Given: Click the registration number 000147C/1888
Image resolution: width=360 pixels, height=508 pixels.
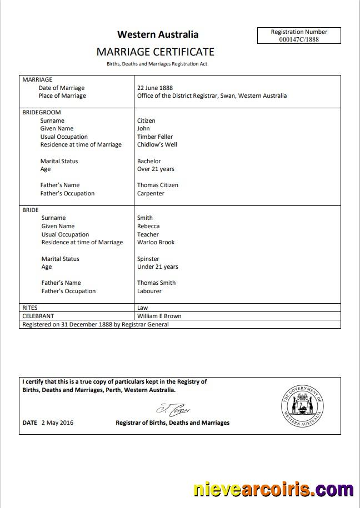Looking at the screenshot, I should pyautogui.click(x=299, y=40).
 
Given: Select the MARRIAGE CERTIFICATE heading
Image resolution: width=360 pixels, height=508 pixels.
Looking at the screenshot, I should pyautogui.click(x=155, y=52).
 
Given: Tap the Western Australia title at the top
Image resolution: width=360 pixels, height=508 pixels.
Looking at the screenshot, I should pyautogui.click(x=158, y=34).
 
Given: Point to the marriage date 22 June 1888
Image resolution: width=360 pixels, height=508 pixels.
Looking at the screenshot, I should pyautogui.click(x=155, y=88).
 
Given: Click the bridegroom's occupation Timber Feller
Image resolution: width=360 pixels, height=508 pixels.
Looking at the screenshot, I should pyautogui.click(x=155, y=137).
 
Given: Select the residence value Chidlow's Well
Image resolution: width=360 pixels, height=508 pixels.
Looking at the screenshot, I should pyautogui.click(x=157, y=145).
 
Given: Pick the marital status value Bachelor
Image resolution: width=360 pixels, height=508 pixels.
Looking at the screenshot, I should pyautogui.click(x=149, y=162).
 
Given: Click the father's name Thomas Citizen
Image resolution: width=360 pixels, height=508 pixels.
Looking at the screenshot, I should pyautogui.click(x=158, y=185).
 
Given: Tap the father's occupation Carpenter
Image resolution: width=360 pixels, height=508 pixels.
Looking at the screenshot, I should pyautogui.click(x=151, y=194).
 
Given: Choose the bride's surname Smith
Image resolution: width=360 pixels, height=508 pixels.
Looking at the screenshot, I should pyautogui.click(x=145, y=218).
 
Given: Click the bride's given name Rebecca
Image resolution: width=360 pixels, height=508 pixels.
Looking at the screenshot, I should pyautogui.click(x=148, y=227).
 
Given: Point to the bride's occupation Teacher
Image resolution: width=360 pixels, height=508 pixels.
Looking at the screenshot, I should pyautogui.click(x=148, y=234).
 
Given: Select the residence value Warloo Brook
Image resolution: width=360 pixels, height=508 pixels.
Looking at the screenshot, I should pyautogui.click(x=156, y=243).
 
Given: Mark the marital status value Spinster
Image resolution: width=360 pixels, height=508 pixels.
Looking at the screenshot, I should pyautogui.click(x=148, y=259).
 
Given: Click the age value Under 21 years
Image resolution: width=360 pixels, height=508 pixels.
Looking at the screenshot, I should pyautogui.click(x=158, y=267).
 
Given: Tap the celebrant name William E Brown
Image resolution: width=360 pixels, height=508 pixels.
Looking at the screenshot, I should pyautogui.click(x=159, y=316).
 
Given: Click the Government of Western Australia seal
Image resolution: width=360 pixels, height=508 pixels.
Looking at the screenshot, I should pyautogui.click(x=302, y=406).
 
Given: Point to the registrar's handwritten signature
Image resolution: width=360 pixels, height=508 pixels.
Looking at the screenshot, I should pyautogui.click(x=173, y=410).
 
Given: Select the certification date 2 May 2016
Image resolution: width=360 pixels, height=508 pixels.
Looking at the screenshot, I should pyautogui.click(x=57, y=423).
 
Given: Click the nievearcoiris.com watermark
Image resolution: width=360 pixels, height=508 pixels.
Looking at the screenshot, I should pyautogui.click(x=273, y=490).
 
